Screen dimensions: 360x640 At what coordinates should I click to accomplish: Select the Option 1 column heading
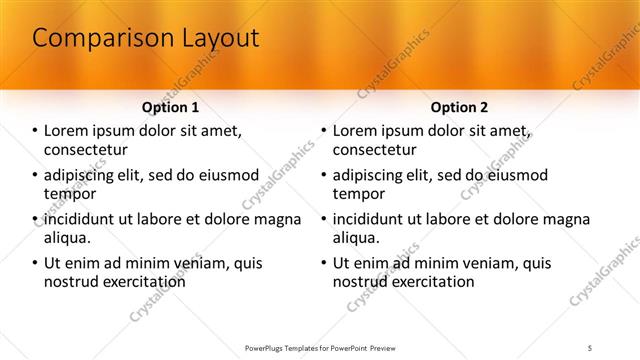point(171,106)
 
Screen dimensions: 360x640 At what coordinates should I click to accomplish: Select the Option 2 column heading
point(459,106)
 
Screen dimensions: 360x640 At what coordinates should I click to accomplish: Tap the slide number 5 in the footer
point(591,347)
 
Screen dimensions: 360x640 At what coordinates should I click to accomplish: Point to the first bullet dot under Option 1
point(36,131)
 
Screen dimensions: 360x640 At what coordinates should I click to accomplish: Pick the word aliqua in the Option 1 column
point(68,238)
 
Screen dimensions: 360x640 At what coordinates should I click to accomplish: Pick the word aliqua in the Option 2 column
point(356,238)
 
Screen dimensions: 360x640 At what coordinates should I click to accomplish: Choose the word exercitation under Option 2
point(430,282)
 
